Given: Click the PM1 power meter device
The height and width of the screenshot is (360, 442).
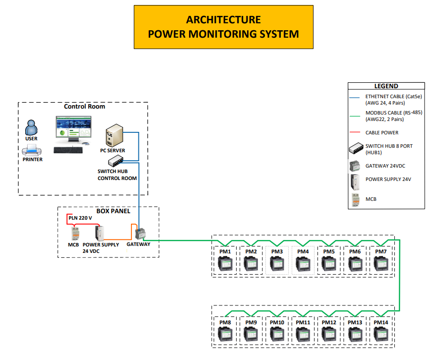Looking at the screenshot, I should tap(226, 264).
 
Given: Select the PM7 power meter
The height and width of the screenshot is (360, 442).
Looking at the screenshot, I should tap(381, 264).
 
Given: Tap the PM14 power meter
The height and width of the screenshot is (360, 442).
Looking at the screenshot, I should tap(381, 335).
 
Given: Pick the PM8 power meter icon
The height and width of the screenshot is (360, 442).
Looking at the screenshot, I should tap(226, 335).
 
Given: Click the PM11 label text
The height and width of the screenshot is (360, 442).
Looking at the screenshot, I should tap(303, 322).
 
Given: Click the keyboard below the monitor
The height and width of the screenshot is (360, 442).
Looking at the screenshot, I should tap(68, 149).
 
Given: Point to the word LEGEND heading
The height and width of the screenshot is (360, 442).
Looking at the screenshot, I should tap(386, 86).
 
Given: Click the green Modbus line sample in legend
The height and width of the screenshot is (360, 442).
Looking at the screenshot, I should tap(355, 116).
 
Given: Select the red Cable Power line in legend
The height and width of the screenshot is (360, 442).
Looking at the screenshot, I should tap(355, 132).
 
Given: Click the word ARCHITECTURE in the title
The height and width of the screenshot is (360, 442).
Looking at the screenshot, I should tap(223, 20).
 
